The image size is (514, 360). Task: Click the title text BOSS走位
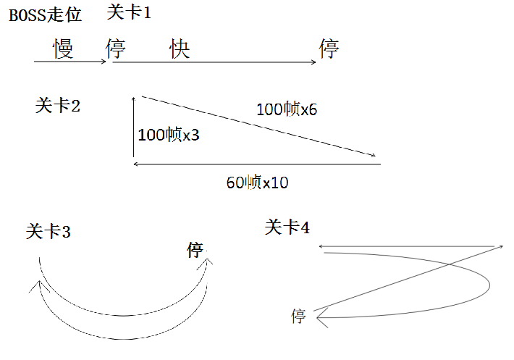click(45, 15)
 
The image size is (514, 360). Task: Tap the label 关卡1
click(129, 12)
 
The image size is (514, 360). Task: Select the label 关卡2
click(57, 106)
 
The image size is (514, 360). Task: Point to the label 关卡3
click(48, 232)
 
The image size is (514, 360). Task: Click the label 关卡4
click(287, 227)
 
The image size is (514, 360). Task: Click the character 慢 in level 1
click(64, 49)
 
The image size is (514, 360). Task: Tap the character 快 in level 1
click(180, 49)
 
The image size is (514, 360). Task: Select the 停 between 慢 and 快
click(116, 49)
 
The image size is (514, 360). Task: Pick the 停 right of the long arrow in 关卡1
click(329, 49)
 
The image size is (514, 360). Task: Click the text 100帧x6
click(287, 109)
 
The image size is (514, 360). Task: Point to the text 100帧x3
click(168, 135)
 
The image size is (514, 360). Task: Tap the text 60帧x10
click(257, 183)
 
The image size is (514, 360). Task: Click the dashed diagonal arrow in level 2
click(259, 126)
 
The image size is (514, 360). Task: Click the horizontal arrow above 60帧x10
click(257, 164)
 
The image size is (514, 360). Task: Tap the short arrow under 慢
click(70, 62)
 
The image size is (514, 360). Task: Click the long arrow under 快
click(214, 62)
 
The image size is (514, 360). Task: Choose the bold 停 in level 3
click(195, 251)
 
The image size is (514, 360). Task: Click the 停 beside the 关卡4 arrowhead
click(298, 316)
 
